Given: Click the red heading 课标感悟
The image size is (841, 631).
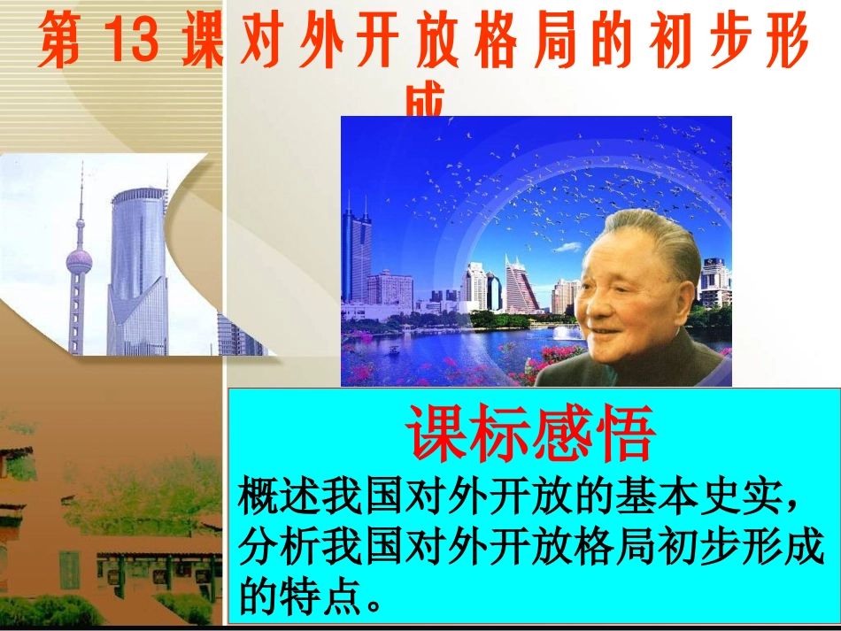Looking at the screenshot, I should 530,434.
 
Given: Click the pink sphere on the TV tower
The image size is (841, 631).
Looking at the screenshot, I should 79,260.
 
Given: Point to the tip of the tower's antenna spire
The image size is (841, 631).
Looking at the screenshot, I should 81,165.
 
